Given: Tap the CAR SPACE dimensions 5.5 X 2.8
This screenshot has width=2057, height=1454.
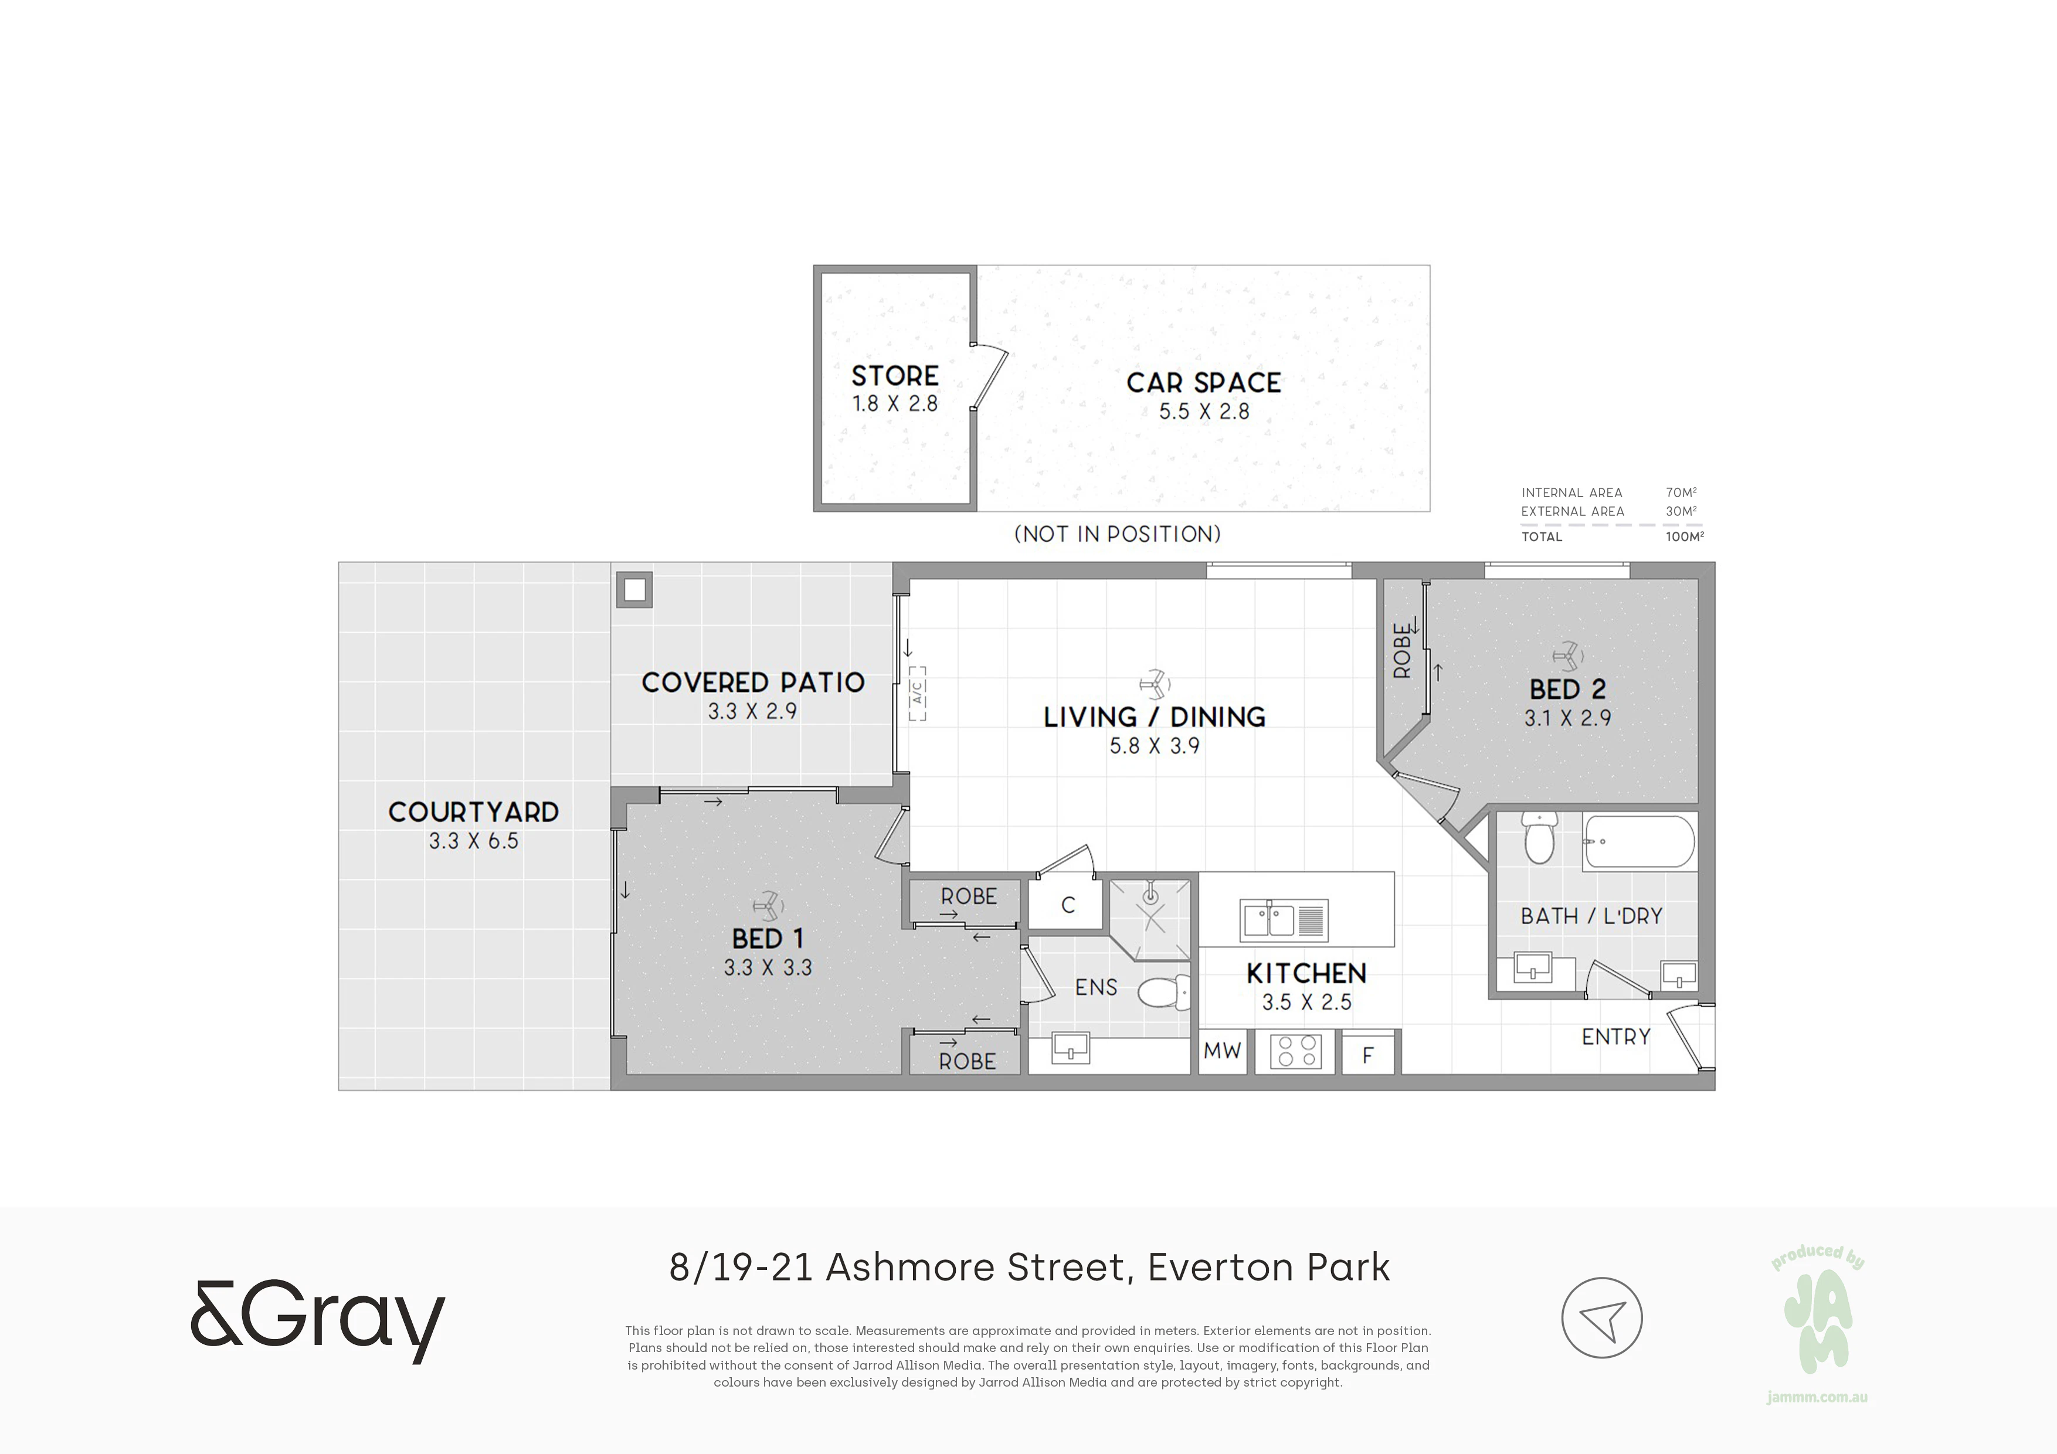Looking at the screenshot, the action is click(x=1204, y=411).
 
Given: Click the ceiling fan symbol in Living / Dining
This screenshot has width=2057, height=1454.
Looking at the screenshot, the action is click(x=1155, y=682).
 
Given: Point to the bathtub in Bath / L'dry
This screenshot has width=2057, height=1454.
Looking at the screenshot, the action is click(x=1638, y=842).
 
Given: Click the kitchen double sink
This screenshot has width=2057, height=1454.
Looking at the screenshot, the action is click(x=1284, y=920).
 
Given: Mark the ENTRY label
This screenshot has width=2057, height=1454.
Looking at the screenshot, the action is click(x=1615, y=1037).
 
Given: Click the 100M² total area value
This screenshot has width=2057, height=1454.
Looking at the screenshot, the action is click(x=1684, y=536).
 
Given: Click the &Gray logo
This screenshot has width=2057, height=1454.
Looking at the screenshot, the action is click(x=318, y=1322).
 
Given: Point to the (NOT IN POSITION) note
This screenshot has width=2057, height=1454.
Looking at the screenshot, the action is click(x=1117, y=534).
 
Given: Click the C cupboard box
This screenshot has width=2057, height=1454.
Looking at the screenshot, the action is click(x=1068, y=905).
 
